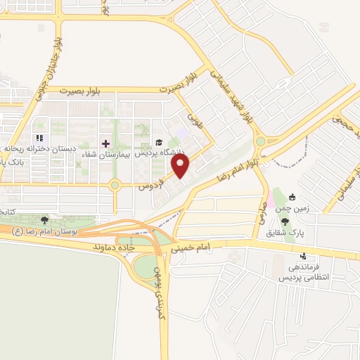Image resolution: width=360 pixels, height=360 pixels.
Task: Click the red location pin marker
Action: click(181, 165)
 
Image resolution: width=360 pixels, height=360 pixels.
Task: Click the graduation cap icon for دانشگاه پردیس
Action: click(159, 143)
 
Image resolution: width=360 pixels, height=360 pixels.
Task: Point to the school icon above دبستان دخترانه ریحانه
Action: click(39, 139)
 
